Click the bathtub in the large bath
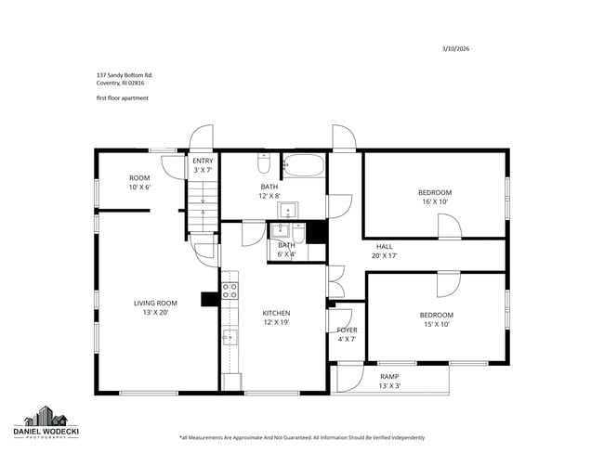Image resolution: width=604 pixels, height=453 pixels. point(303,167)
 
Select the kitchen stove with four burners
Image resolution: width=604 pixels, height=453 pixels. point(230,291)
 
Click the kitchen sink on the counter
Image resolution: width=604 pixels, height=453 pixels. point(230,337)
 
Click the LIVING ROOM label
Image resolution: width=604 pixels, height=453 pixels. point(156,307)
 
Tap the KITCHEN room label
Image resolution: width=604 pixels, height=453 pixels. point(276,317)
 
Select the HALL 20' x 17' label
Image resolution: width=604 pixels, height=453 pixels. point(384,251)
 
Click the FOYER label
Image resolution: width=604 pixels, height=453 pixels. point(347,334)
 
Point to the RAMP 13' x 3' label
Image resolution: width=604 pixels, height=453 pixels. point(389,381)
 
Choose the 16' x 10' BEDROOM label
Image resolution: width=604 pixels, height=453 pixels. point(435,197)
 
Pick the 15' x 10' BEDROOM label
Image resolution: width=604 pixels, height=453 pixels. point(436,319)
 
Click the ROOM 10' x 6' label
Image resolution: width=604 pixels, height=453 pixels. point(139,182)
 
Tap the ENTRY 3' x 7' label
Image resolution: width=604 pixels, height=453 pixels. point(203,165)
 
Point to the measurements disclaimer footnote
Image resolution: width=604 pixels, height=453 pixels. point(301,437)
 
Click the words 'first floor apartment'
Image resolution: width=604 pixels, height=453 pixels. point(122,97)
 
